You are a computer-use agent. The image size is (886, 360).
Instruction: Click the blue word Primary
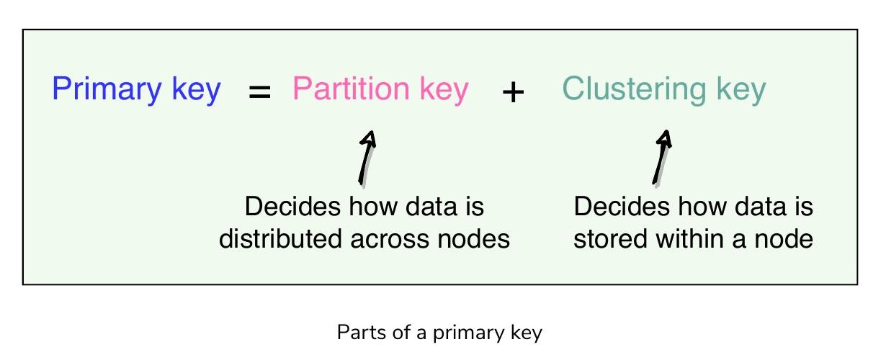pos(107,90)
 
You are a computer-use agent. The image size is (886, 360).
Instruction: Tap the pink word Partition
pos(351,88)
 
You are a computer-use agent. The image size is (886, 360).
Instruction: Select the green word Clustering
pos(634,90)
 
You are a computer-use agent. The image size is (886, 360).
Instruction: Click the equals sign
pos(259,91)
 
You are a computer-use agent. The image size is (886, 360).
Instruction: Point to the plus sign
pos(513,92)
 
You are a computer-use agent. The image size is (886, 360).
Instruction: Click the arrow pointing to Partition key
pos(367,158)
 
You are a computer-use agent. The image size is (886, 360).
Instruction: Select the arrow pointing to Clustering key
pos(662,157)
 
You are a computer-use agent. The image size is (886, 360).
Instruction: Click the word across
pos(390,240)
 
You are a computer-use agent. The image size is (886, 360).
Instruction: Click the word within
pos(689,238)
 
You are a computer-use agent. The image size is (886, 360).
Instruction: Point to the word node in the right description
pos(784,240)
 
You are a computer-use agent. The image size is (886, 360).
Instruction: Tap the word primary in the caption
pos(468,333)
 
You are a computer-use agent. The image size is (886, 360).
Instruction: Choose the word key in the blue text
pos(196,90)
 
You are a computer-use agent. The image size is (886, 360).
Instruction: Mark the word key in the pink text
pos(444,90)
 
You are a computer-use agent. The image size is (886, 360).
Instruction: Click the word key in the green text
pos(742,90)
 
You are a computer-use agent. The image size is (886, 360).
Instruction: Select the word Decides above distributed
pos(292,206)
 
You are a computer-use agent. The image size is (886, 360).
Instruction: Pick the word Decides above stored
pos(622,206)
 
